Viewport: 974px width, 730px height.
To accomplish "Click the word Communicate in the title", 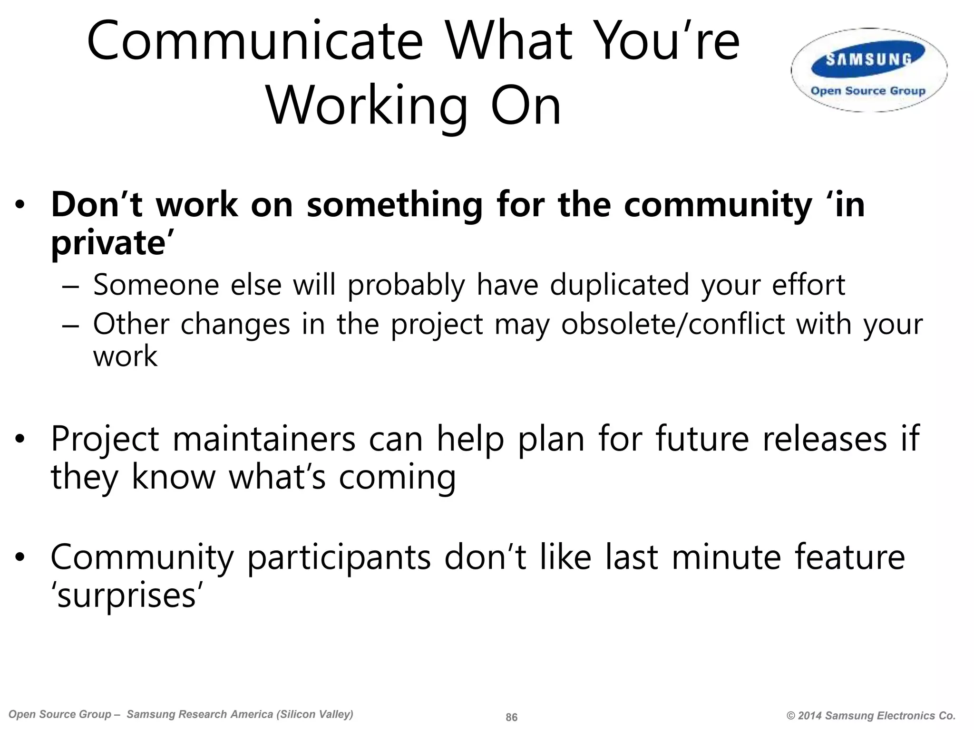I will point(254,42).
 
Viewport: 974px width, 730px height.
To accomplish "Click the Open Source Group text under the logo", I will point(868,91).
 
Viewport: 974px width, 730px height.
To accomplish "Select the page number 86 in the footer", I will point(511,717).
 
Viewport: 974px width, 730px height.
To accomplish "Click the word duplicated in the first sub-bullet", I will point(619,285).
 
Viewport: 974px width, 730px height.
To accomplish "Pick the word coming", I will point(397,477).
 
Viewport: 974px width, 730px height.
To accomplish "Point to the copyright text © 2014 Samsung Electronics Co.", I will point(871,716).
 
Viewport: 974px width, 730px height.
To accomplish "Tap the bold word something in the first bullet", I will point(394,205).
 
